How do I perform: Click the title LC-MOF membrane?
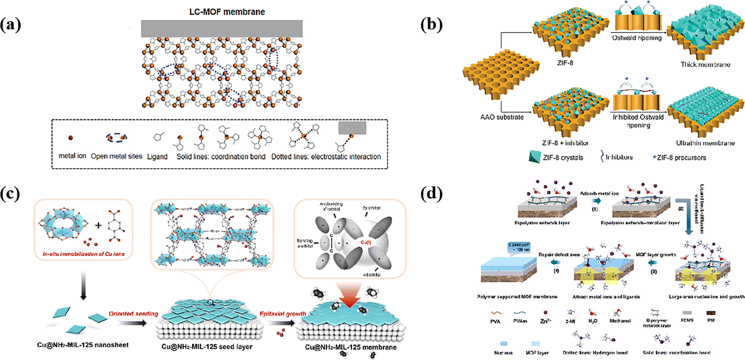(227, 12)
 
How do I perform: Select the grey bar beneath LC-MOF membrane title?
(222, 28)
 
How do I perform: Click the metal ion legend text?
(72, 156)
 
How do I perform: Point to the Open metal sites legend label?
(116, 156)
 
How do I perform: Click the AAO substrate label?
(502, 117)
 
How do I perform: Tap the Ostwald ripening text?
(637, 38)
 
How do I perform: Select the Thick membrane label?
(705, 65)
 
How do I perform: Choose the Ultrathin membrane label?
(705, 143)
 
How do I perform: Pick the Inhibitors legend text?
(619, 157)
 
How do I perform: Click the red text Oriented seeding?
(133, 313)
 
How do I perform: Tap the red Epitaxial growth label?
(283, 313)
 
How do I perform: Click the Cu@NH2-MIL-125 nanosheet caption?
(83, 345)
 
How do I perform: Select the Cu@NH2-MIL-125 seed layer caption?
(207, 347)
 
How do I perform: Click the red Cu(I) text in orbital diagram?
(365, 242)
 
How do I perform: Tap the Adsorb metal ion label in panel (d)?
(599, 193)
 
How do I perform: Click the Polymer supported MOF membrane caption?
(517, 297)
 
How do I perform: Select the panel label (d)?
(431, 195)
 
